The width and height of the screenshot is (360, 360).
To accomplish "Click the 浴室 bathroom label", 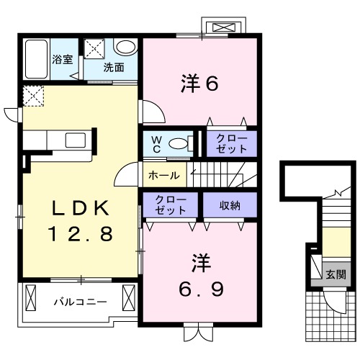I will tap(63, 60).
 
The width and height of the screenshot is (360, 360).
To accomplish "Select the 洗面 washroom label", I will tap(113, 68).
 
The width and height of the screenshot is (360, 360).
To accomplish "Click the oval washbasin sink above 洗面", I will tap(125, 48).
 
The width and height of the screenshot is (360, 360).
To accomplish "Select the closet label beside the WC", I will tap(231, 143).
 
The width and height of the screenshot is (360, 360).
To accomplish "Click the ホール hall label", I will tap(163, 175).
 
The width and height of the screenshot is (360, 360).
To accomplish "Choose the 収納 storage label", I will tap(230, 204).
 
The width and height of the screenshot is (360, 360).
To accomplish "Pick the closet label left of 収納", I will tap(171, 204).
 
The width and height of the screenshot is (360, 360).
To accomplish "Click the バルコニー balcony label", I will tap(80, 302).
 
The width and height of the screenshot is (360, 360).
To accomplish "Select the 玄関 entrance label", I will tap(335, 274).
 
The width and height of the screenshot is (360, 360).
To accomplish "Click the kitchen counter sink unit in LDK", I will tap(58, 139).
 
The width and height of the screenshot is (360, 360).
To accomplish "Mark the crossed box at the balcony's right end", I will tap(130, 296).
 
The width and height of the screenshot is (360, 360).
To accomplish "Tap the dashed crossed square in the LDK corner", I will tap(33, 95).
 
